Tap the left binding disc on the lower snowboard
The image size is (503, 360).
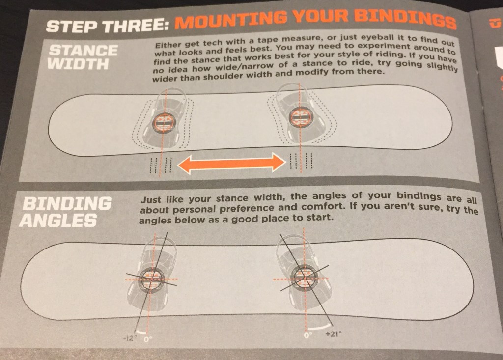point(150,278)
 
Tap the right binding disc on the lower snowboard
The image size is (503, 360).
point(305,276)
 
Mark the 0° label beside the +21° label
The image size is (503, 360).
point(307,336)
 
